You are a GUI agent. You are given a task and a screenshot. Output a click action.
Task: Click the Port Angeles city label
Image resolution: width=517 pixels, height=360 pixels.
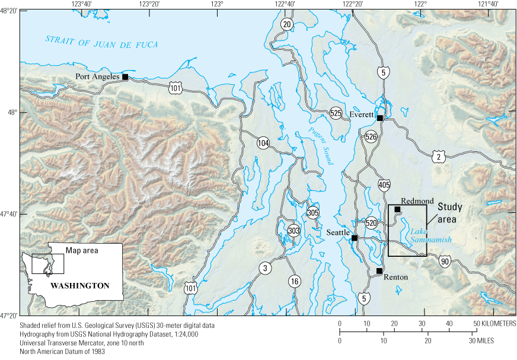tap(98, 77)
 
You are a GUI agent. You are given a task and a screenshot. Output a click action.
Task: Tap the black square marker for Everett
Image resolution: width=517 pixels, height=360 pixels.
tap(380, 117)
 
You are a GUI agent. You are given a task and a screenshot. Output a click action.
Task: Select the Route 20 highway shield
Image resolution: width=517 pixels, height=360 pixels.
tap(287, 24)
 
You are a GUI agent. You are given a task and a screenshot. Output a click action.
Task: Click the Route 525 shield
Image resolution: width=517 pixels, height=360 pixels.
tap(336, 113)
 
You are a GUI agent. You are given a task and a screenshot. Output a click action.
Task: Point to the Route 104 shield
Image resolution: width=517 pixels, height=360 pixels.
tap(263, 143)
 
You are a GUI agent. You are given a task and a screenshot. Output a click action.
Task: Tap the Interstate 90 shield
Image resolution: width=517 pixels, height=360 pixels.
tap(445, 260)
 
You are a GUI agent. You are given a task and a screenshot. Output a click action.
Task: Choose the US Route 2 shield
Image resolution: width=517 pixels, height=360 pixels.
tap(438, 157)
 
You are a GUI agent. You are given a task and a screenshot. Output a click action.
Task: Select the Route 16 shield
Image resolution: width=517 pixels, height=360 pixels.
tap(295, 281)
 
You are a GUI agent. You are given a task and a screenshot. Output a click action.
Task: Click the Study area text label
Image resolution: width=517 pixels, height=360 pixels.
tap(451, 213)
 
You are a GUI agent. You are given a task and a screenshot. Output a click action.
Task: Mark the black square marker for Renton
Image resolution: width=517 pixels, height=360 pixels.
tap(379, 271)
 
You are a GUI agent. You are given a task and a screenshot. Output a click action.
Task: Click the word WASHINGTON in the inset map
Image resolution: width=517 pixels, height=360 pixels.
tap(80, 285)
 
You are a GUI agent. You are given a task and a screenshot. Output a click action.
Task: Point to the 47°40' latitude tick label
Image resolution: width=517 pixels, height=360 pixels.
tap(9, 214)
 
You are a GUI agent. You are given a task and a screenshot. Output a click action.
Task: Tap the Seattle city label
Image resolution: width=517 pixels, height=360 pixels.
tap(338, 233)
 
